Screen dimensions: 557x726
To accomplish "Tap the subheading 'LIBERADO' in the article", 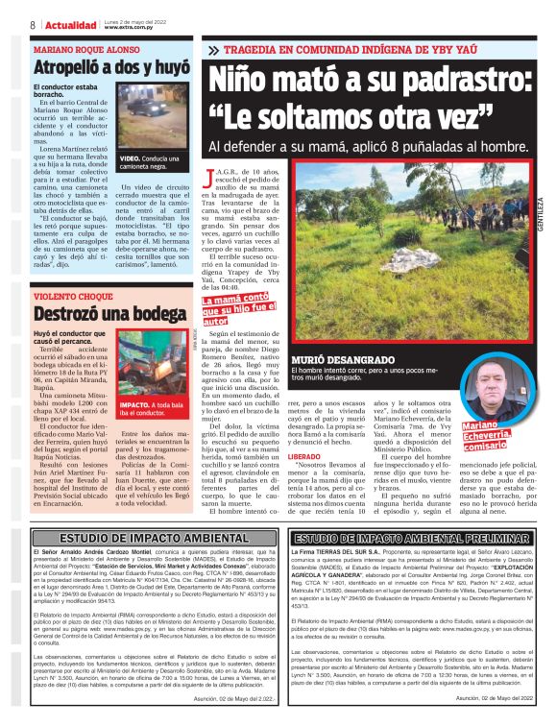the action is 224,456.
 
